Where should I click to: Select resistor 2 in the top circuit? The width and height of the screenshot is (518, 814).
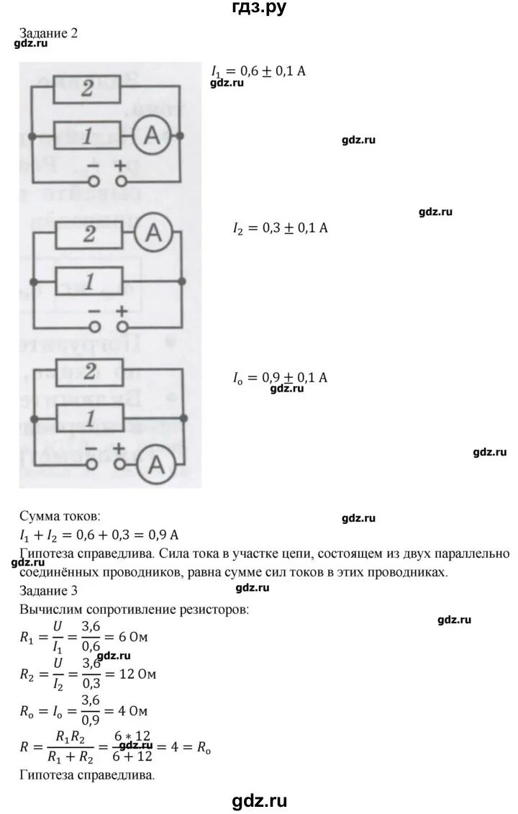[88, 89]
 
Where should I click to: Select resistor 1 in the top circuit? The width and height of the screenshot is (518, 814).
[88, 136]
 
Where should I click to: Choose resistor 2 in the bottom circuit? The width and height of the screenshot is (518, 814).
[88, 372]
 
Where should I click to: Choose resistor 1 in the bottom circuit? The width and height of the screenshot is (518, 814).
[88, 417]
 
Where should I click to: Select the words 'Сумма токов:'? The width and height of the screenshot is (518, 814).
[60, 517]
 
